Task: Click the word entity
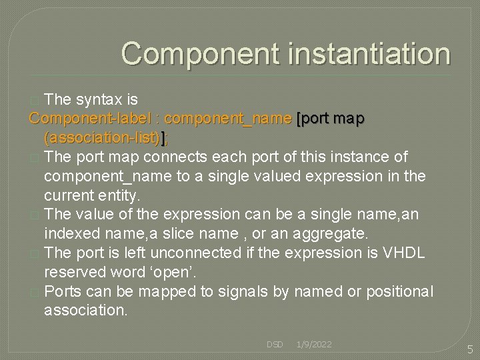(x=117, y=196)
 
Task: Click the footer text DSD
(x=275, y=345)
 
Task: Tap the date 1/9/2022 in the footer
(x=314, y=345)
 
